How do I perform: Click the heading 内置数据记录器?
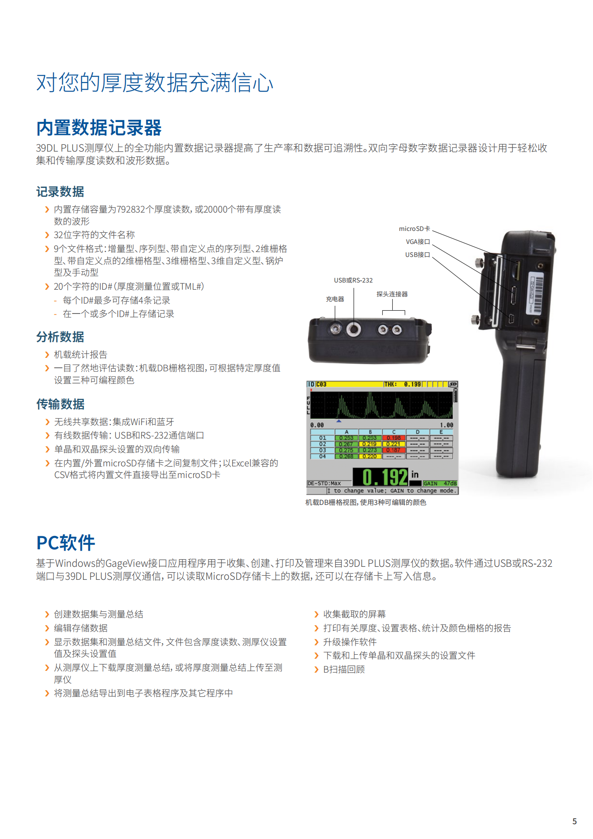pos(99,128)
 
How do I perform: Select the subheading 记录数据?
pos(60,192)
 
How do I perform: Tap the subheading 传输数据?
pos(60,404)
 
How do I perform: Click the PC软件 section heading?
pos(65,543)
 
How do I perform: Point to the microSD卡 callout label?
pos(415,229)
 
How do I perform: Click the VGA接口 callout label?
pos(418,242)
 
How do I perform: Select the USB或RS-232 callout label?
pos(353,280)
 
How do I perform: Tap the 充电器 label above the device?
pos(335,299)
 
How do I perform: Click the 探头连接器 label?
pos(392,294)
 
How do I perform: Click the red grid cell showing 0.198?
pos(394,438)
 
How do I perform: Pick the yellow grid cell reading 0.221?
pos(394,444)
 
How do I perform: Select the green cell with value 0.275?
pos(346,450)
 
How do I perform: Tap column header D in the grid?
pos(417,432)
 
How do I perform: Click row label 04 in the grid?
pos(323,456)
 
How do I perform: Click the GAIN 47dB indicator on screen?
pos(440,483)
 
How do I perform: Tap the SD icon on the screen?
pos(453,384)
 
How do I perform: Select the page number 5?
pos(575,822)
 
